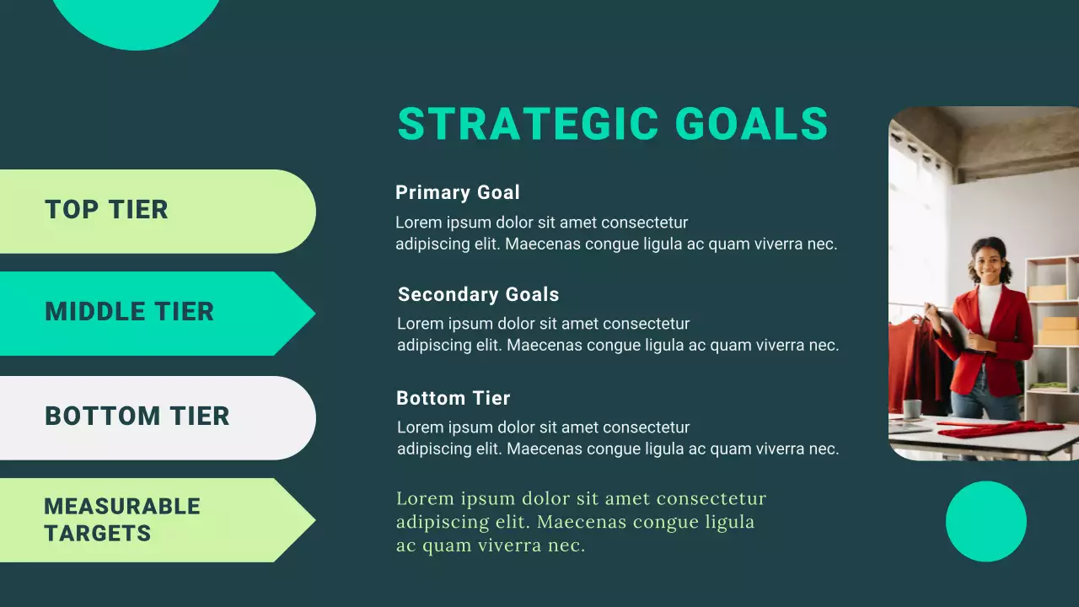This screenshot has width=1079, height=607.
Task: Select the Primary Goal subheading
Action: click(458, 192)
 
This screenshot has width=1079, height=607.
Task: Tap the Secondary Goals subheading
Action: click(478, 294)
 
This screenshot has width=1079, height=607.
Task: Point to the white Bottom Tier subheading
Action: click(454, 398)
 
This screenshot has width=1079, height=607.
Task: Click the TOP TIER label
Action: click(106, 210)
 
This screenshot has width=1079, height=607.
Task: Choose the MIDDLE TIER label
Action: click(129, 312)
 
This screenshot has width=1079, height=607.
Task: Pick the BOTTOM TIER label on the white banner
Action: click(137, 416)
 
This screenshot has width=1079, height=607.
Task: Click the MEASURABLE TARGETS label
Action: click(121, 519)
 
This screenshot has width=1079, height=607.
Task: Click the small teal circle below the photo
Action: click(985, 521)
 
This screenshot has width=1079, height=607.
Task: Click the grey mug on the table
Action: click(912, 409)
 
